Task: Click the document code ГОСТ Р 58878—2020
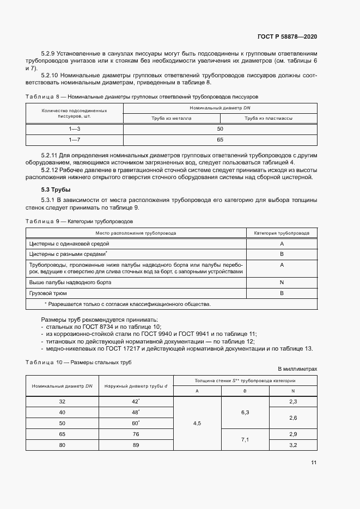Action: tap(287, 36)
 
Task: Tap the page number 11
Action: tap(314, 462)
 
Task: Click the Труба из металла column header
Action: tap(172, 118)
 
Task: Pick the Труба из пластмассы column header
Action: tap(268, 118)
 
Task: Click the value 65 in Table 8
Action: tap(220, 140)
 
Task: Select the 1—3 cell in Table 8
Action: tap(74, 129)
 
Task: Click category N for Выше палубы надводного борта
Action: tap(282, 283)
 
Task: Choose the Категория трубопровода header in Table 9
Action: tap(282, 232)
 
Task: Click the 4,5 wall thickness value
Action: tap(197, 422)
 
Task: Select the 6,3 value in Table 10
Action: tap(245, 412)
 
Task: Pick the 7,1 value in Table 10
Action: tap(245, 439)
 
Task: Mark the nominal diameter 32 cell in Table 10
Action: tap(62, 401)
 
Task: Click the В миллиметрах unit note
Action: tap(297, 369)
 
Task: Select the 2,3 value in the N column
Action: tap(293, 401)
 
